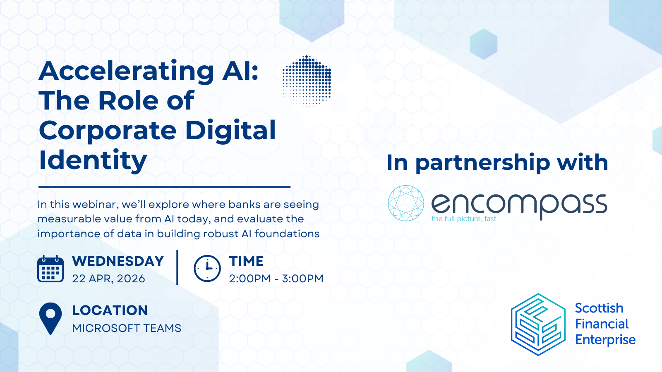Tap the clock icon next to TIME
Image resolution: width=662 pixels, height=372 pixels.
[x=207, y=269]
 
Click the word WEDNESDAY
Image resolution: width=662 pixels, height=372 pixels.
[x=118, y=261]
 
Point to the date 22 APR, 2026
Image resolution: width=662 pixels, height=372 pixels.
[x=108, y=279]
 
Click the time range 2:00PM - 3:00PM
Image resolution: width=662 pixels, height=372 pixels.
[x=276, y=279]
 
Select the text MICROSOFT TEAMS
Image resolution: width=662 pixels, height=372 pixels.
[x=127, y=328]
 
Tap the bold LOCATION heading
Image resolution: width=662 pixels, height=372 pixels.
[x=110, y=310]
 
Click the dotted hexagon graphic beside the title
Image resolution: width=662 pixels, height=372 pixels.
[x=307, y=81]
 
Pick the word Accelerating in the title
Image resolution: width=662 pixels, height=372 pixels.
[x=126, y=71]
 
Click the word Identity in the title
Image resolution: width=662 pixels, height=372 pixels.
[x=93, y=160]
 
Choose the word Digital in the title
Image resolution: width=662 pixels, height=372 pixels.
[x=230, y=131]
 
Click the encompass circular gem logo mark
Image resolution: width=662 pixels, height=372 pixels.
[x=406, y=203]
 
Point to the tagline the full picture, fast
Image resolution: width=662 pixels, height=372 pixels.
[x=464, y=219]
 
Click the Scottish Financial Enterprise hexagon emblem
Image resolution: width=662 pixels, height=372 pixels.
[x=538, y=324]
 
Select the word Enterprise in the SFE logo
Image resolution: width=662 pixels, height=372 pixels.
[x=605, y=340]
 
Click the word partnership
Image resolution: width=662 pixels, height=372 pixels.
[x=482, y=162]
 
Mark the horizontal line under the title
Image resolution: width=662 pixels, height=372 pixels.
[x=164, y=187]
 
